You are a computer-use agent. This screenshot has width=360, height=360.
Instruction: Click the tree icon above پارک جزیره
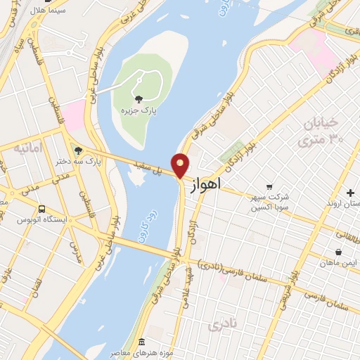click(138, 99)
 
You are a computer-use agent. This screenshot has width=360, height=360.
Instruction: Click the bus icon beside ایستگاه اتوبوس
click(42, 209)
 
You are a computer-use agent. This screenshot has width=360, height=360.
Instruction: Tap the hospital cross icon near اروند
click(350, 193)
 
